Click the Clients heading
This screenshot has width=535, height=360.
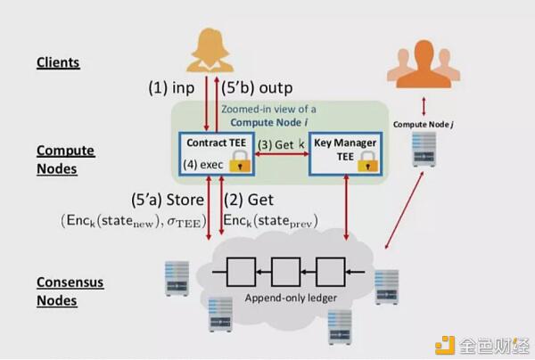pyautogui.click(x=58, y=62)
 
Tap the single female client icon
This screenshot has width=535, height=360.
pyautogui.click(x=210, y=50)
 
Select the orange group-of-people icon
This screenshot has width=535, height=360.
pyautogui.click(x=424, y=64)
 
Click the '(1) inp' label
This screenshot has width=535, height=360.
pyautogui.click(x=171, y=87)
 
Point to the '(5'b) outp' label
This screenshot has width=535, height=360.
pyautogui.click(x=257, y=87)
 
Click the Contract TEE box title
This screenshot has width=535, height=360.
pyautogui.click(x=217, y=143)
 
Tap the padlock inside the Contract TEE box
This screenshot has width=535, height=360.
pyautogui.click(x=240, y=161)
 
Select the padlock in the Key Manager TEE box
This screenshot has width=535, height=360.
pyautogui.click(x=367, y=161)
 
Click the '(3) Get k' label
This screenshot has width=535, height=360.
pyautogui.click(x=281, y=144)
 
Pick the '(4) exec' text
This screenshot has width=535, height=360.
pyautogui.click(x=203, y=165)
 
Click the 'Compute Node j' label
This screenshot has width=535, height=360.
pyautogui.click(x=424, y=125)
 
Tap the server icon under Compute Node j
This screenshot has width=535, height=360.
pyautogui.click(x=424, y=149)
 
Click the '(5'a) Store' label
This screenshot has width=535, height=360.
pyautogui.click(x=168, y=200)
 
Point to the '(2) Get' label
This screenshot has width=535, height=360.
pyautogui.click(x=249, y=200)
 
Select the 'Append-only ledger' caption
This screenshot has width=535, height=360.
pyautogui.click(x=291, y=298)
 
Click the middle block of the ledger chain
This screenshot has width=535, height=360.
pyautogui.click(x=286, y=272)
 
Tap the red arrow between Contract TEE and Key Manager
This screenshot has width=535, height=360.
pyautogui.click(x=282, y=154)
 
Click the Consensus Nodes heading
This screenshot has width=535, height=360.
pyautogui.click(x=70, y=291)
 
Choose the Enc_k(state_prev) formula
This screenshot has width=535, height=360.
pyautogui.click(x=270, y=221)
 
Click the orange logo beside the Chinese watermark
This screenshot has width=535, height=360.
pyautogui.click(x=445, y=345)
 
